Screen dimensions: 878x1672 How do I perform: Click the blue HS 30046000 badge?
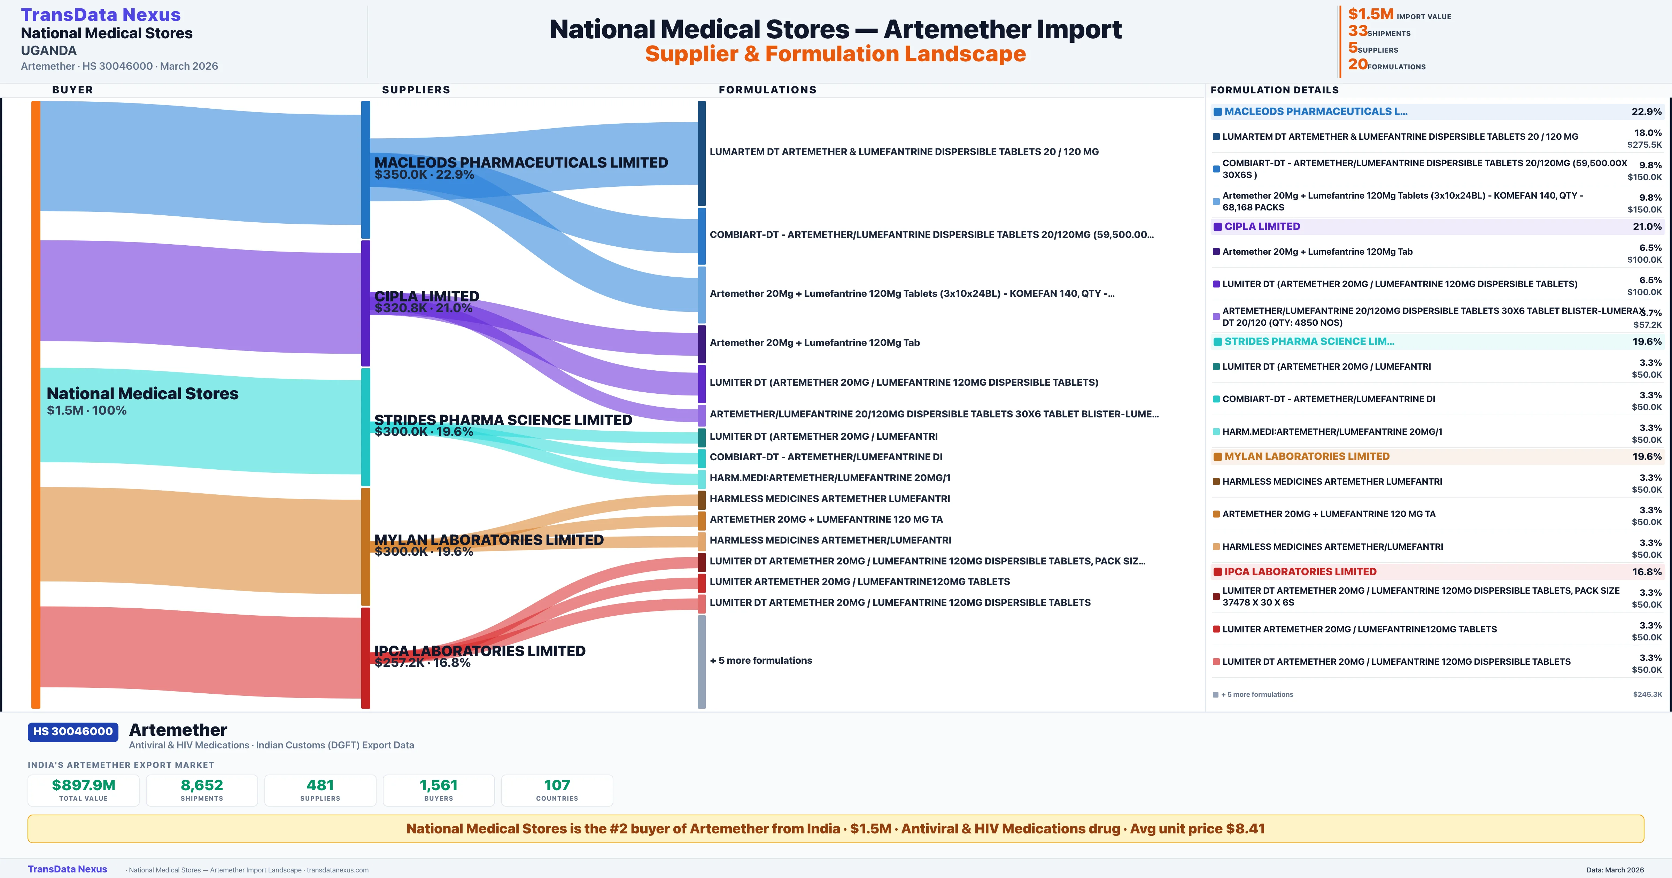coord(73,731)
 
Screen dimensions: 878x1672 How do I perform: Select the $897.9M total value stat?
coord(83,785)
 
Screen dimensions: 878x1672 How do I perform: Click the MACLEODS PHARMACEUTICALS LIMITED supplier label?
coord(520,162)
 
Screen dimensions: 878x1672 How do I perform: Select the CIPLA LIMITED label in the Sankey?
coord(426,296)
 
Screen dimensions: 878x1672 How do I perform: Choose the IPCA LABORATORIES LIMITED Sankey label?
coord(480,651)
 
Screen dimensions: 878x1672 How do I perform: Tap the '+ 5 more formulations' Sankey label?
coord(761,661)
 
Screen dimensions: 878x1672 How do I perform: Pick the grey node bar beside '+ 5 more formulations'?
coord(702,661)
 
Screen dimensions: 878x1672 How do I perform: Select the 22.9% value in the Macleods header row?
coord(1646,112)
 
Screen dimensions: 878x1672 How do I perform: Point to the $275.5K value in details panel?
coord(1644,145)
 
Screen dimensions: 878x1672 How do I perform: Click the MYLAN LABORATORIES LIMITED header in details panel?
coord(1307,456)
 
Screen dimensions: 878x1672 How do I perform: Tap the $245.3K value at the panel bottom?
coord(1647,694)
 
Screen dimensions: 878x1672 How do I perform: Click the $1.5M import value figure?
coord(1370,14)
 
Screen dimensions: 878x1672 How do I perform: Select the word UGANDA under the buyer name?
coord(49,51)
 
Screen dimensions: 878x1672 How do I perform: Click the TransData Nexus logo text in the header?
coord(101,15)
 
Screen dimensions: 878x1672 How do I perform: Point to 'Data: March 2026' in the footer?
coord(1615,870)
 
